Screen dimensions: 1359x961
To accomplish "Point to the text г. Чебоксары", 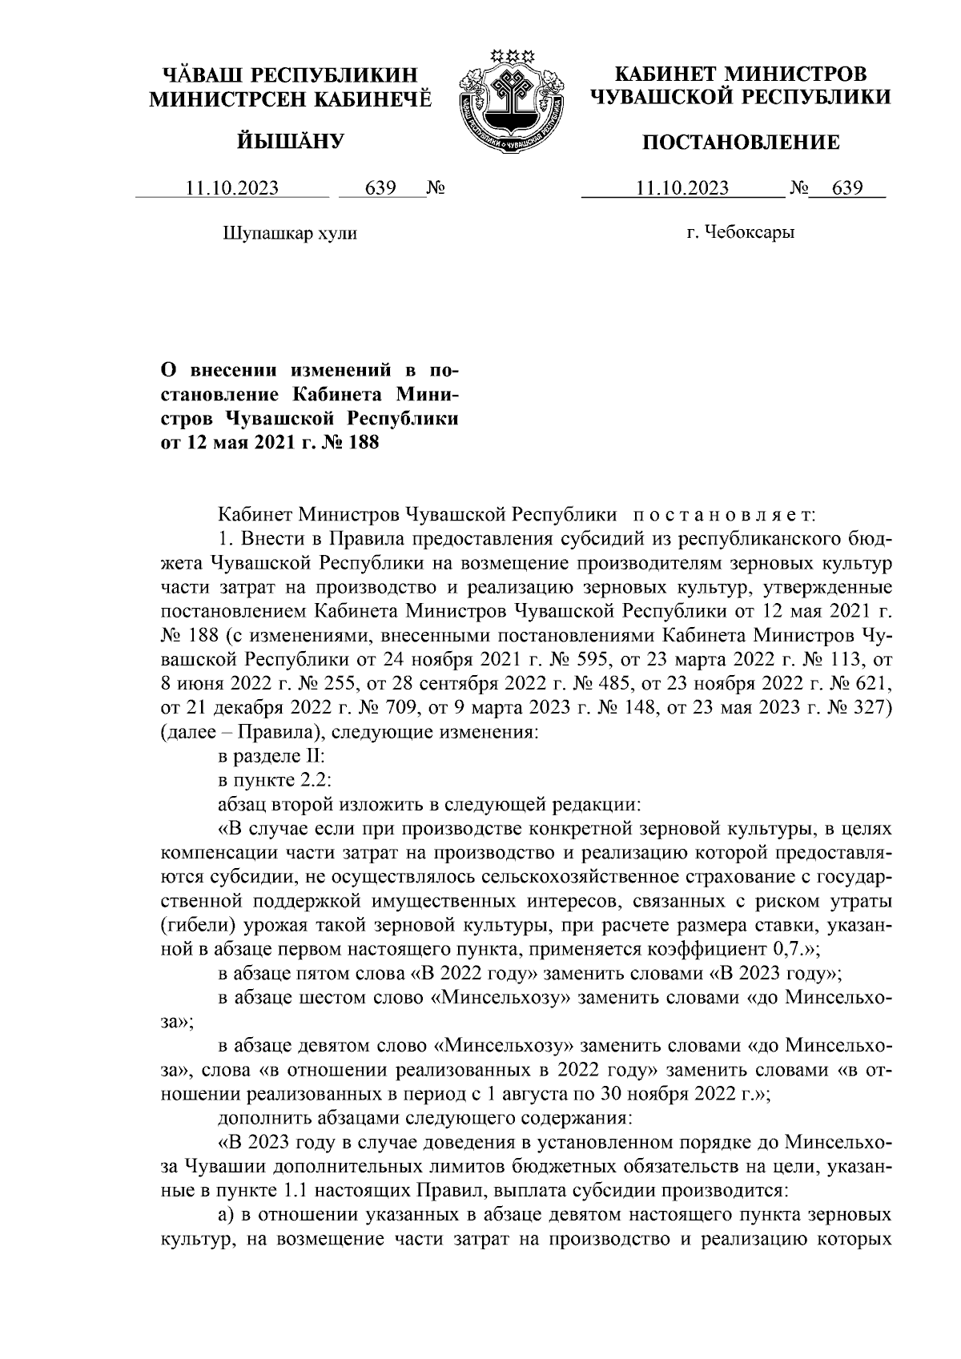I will tap(740, 233).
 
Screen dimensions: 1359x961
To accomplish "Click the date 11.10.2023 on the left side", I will tap(231, 188).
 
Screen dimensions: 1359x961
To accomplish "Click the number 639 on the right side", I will tap(846, 188).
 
